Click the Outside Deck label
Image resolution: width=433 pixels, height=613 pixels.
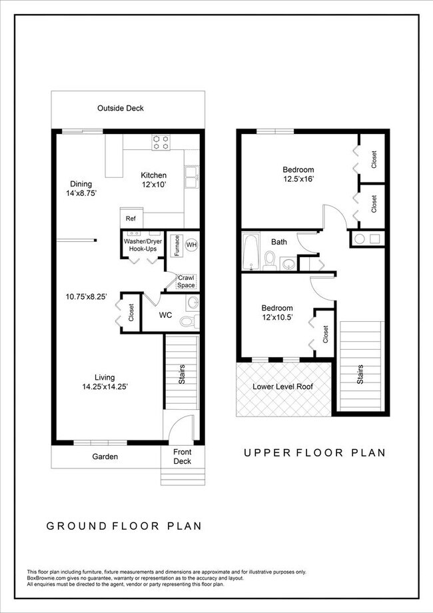click(x=120, y=108)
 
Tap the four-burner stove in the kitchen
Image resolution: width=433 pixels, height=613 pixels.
click(x=161, y=142)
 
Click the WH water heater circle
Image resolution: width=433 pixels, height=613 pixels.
click(x=191, y=245)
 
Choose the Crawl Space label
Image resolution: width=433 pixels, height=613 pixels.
click(x=187, y=281)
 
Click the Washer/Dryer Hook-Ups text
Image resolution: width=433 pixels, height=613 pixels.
click(x=143, y=245)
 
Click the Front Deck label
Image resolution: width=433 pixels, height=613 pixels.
click(x=182, y=456)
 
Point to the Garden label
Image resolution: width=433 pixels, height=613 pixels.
click(x=105, y=456)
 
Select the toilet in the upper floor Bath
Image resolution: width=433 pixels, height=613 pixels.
click(x=270, y=261)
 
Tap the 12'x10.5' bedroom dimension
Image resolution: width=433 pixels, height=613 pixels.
click(x=276, y=318)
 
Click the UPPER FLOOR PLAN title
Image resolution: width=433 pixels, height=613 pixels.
click(x=314, y=453)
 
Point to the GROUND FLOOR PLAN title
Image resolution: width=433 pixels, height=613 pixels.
click(x=124, y=526)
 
